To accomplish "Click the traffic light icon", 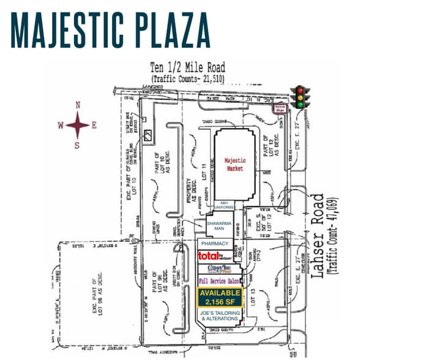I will (299, 97).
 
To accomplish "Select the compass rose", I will (78, 125).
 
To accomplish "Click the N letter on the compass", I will (78, 105).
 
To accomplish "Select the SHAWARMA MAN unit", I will (219, 227).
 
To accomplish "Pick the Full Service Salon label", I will (219, 280).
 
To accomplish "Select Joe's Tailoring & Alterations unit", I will (220, 316).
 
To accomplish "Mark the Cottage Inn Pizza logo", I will (218, 269).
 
